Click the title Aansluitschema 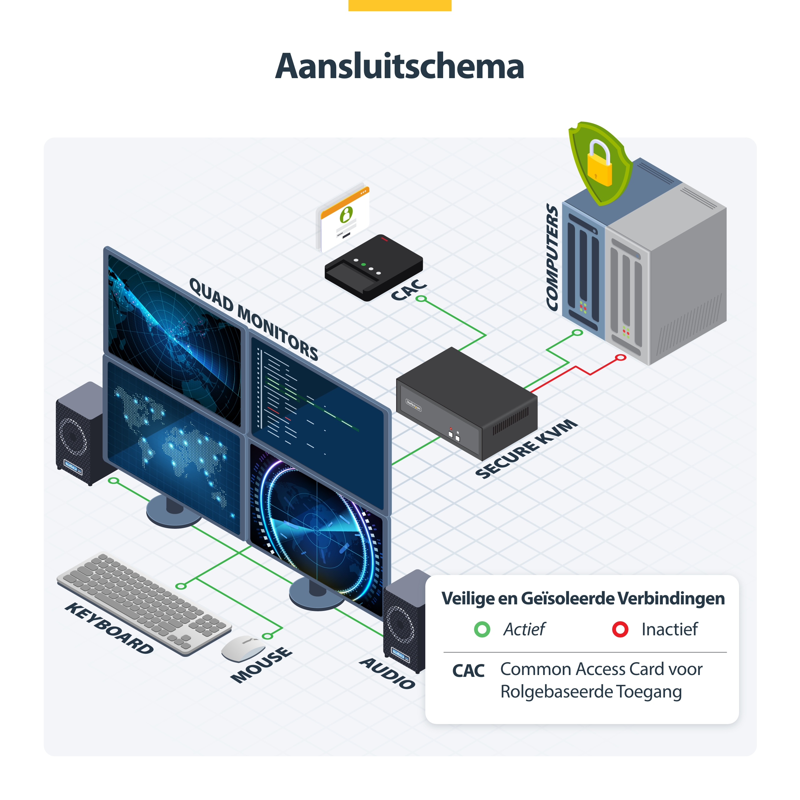[400, 66]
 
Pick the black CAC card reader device [373, 267]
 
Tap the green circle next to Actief [482, 629]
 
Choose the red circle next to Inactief [620, 629]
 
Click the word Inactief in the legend [670, 629]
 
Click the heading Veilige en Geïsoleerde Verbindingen [583, 599]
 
